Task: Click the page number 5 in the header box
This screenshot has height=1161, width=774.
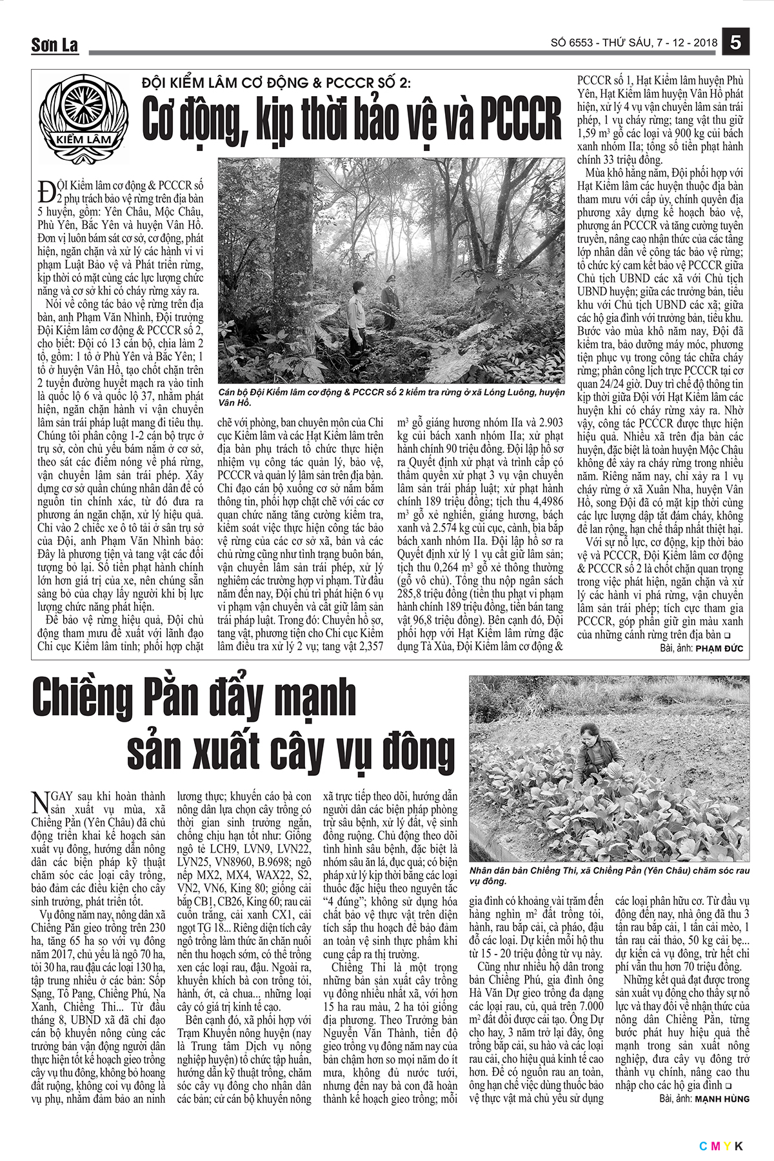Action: point(737,43)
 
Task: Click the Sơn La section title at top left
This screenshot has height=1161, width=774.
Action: point(54,45)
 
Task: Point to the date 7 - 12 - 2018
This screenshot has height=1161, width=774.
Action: point(686,43)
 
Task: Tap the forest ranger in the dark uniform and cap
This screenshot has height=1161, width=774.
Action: point(389,303)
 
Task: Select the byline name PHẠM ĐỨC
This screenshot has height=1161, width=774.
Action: point(719,648)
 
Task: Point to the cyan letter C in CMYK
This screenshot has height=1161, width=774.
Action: point(702,1146)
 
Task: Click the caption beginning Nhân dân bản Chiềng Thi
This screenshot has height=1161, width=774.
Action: point(610,875)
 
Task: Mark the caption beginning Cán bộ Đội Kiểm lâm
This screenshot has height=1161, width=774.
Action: point(392,397)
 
